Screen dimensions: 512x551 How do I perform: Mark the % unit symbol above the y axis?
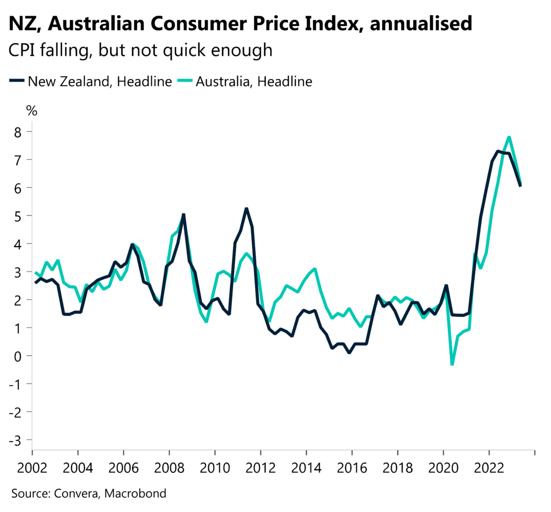[32, 111]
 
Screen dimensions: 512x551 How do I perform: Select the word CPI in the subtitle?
[22, 51]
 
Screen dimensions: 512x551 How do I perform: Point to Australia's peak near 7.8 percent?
[509, 137]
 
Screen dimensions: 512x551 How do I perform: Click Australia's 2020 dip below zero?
[452, 365]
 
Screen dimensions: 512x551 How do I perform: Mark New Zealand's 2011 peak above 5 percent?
[246, 209]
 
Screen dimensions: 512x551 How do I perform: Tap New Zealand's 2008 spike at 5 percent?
[183, 215]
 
